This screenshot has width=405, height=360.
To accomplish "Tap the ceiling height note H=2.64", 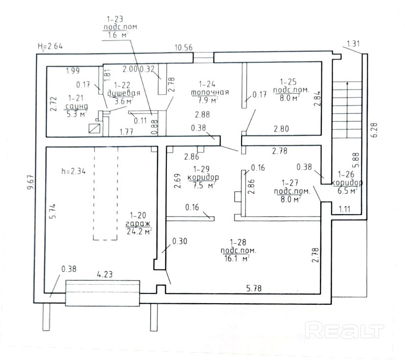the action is point(50,46).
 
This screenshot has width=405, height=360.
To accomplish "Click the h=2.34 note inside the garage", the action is point(73,171).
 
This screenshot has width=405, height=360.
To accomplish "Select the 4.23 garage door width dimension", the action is point(105,274).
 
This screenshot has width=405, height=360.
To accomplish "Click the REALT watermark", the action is point(344,331).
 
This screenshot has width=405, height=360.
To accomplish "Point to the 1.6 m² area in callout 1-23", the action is point(120,35).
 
